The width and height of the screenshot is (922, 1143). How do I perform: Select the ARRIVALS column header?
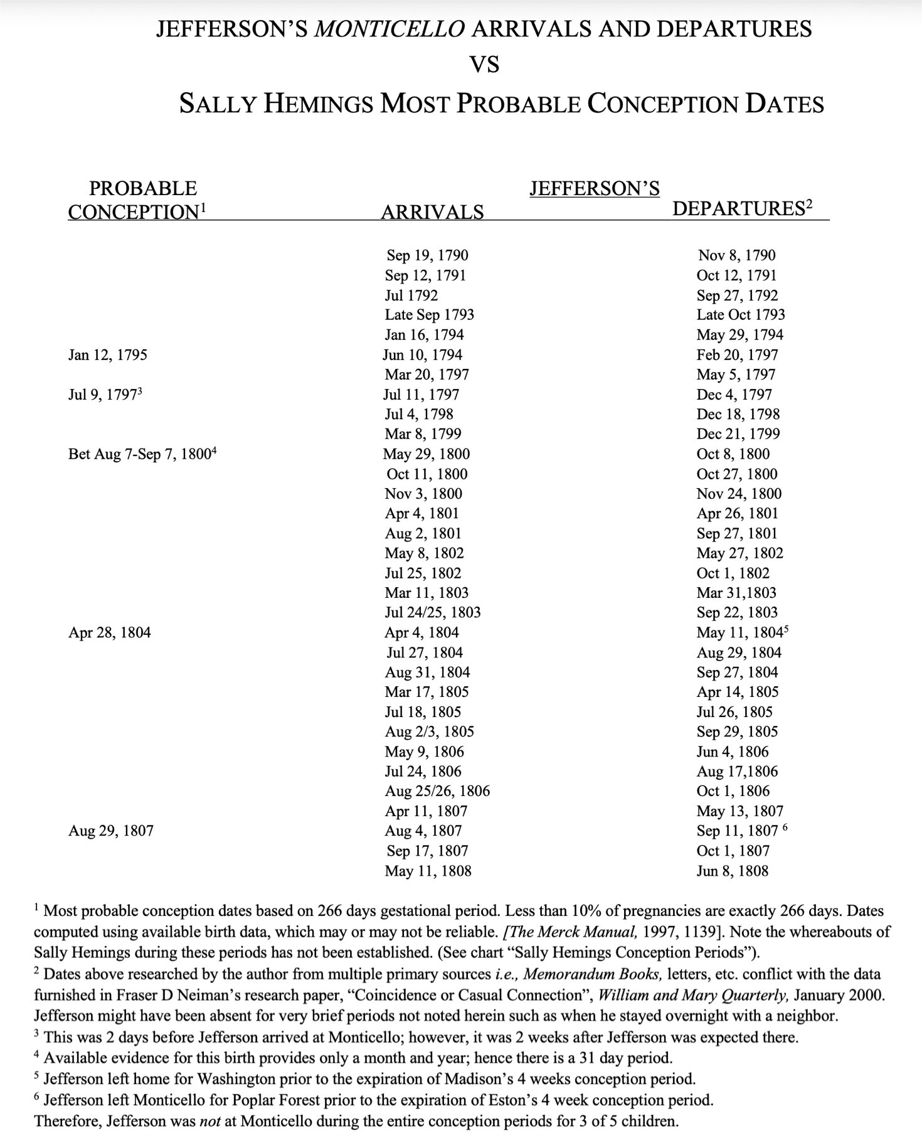432,212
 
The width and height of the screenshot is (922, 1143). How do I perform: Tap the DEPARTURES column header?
738,208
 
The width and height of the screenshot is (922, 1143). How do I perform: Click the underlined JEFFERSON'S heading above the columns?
594,188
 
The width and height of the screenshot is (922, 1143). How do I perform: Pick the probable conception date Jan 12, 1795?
107,355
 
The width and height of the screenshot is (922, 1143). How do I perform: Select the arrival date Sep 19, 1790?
427,255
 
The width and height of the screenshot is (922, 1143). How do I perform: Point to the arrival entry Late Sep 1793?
429,315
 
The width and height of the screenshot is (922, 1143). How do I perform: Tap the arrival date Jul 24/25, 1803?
432,612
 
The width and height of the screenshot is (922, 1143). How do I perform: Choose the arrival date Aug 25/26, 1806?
437,791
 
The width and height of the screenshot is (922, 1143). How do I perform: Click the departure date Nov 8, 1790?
736,255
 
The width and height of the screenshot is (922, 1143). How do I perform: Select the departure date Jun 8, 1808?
732,871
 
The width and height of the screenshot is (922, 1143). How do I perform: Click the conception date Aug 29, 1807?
110,831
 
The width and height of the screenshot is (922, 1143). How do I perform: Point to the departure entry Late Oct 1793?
740,315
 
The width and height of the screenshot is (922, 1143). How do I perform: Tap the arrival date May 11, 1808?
428,871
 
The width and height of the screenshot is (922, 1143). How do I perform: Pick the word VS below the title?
484,64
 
